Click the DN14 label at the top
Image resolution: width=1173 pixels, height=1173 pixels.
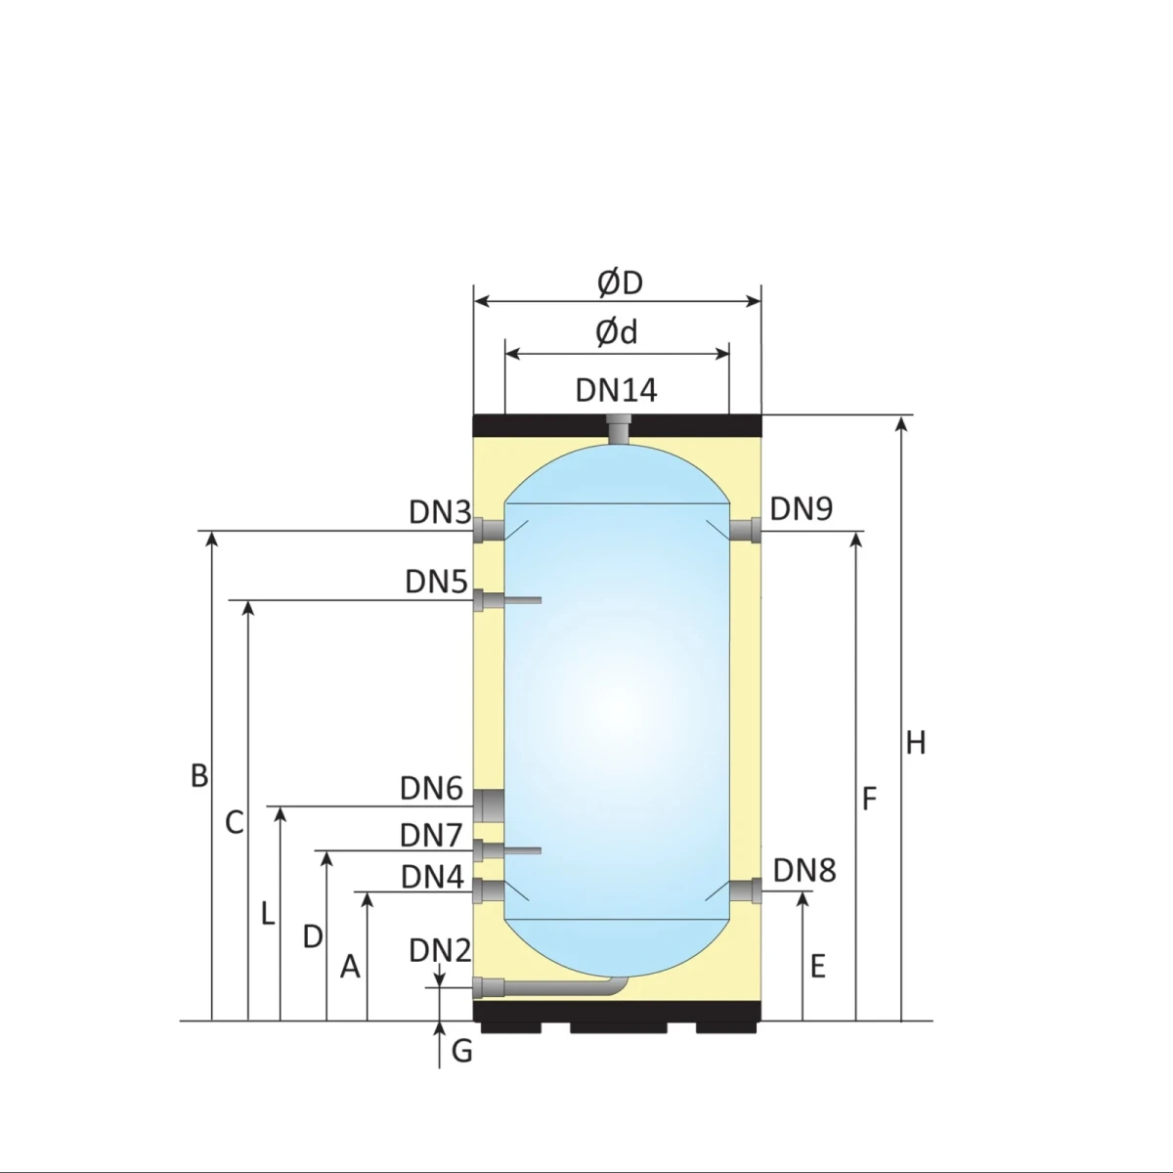[616, 390]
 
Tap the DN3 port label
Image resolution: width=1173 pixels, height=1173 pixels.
[440, 512]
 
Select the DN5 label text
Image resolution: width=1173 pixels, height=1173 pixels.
[436, 582]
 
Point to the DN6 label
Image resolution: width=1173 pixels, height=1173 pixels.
[432, 788]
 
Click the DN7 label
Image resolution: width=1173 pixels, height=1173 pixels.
[432, 835]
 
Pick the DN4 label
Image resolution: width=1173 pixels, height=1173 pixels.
[432, 877]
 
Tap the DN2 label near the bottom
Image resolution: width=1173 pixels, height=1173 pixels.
[440, 950]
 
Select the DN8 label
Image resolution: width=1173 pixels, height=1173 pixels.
[804, 871]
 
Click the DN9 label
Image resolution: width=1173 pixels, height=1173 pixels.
[802, 508]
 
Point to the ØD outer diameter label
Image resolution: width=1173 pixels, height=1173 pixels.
[620, 283]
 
